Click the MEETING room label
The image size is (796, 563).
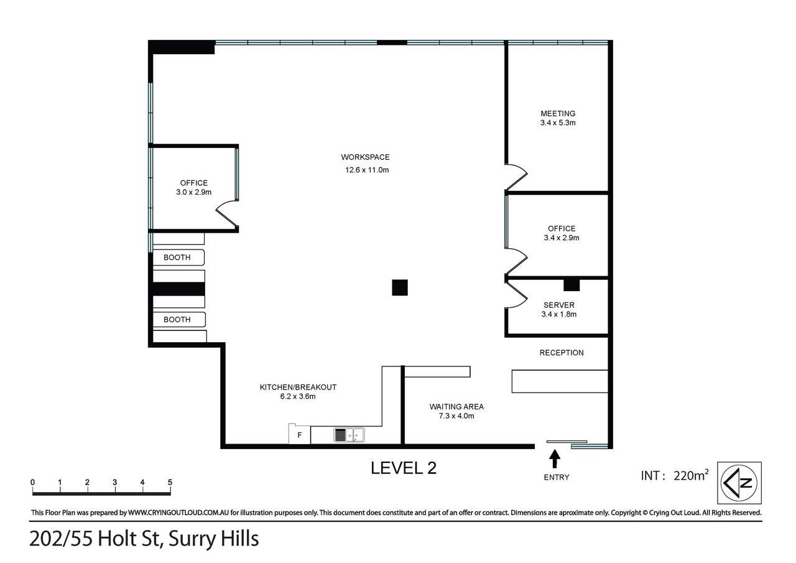(x=558, y=114)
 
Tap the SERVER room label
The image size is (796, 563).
(x=558, y=305)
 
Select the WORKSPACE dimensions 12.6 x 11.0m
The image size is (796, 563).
(x=367, y=170)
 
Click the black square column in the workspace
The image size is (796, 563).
(x=400, y=287)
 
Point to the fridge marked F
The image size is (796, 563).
(x=299, y=434)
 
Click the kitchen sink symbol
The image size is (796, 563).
(x=349, y=435)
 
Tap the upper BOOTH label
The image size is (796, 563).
(x=177, y=257)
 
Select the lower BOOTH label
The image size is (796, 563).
(x=177, y=319)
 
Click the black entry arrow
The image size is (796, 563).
(x=555, y=459)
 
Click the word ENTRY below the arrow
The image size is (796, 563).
(x=556, y=477)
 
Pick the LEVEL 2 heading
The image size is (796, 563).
(x=404, y=468)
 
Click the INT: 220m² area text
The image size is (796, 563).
(x=675, y=476)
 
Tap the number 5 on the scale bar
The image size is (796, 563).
(x=170, y=482)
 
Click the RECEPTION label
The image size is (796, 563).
(x=561, y=353)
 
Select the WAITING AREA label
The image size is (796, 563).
(x=456, y=407)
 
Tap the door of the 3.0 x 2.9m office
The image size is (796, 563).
(x=227, y=213)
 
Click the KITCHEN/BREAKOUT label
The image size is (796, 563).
(x=298, y=387)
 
